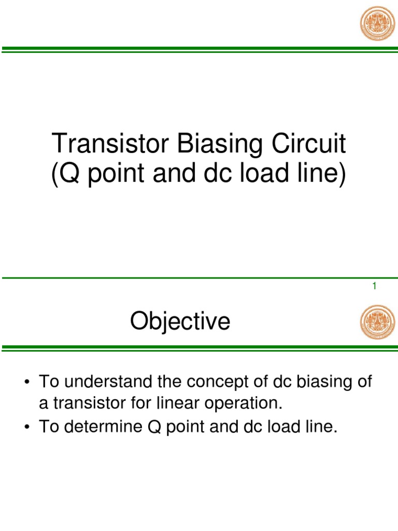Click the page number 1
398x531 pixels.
374,286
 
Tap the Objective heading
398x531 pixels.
180,322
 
